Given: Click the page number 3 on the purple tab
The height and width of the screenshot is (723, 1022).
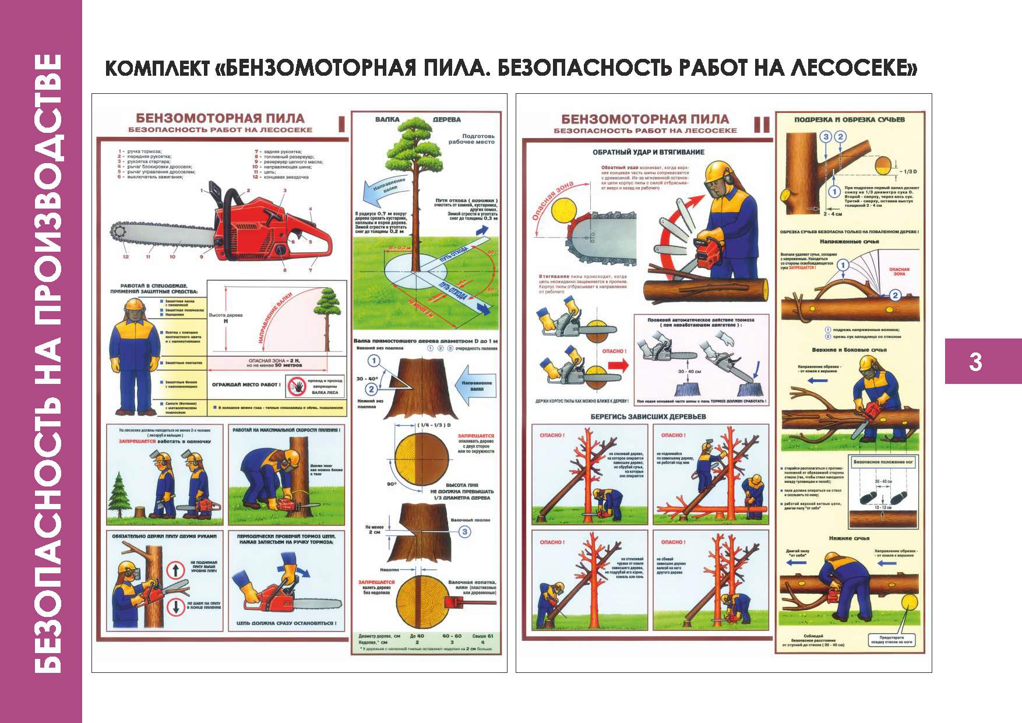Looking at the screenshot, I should click(x=975, y=362).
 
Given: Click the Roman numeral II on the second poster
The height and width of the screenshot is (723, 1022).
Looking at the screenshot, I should click(x=762, y=125).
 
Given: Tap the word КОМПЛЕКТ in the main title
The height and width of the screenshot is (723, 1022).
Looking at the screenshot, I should click(x=157, y=68).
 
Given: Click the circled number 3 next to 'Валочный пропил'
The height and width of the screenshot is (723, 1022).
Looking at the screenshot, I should click(x=464, y=531).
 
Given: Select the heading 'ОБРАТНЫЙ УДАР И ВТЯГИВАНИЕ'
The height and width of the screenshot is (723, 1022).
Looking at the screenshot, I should click(x=649, y=152).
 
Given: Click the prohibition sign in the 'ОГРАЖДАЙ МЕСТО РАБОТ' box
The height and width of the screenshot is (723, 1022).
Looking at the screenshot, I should click(x=297, y=386).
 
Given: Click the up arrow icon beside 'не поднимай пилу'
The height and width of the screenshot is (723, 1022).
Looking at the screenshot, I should click(x=175, y=569).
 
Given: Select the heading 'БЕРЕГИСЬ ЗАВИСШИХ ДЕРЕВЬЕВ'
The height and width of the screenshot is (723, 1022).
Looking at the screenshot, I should click(x=648, y=417).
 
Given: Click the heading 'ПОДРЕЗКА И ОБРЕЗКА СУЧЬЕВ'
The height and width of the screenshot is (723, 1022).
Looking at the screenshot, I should click(x=850, y=119).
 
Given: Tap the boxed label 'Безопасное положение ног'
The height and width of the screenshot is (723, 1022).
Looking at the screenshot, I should click(x=883, y=461).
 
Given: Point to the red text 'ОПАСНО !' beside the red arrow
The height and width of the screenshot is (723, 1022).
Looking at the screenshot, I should click(x=614, y=351).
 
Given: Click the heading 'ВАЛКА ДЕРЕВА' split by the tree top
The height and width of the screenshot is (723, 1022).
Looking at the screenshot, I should click(x=417, y=119).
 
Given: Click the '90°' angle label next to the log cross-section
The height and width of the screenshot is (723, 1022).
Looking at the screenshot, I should click(x=392, y=484).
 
